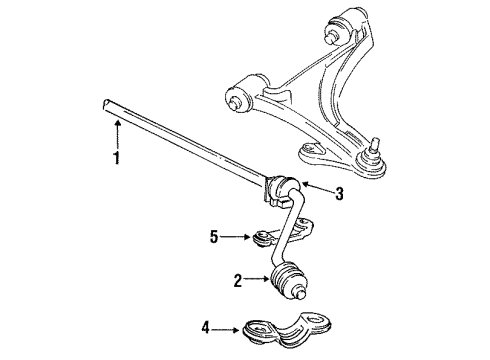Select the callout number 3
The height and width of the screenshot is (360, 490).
click(x=339, y=195)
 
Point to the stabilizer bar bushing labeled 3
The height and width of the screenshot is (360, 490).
click(x=284, y=188)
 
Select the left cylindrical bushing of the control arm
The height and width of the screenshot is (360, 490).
click(x=244, y=92)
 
